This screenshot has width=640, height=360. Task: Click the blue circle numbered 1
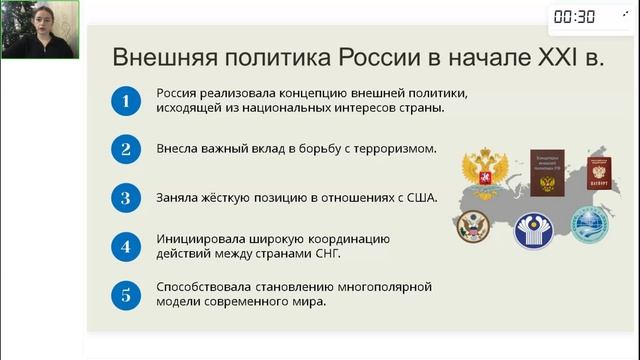[125, 101]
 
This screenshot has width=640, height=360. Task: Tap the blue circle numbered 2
[125, 149]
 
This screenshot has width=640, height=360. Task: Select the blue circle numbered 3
[125, 197]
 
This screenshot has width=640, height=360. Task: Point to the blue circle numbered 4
[125, 245]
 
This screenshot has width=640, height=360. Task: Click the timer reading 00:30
[574, 16]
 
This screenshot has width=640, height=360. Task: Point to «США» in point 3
[420, 197]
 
